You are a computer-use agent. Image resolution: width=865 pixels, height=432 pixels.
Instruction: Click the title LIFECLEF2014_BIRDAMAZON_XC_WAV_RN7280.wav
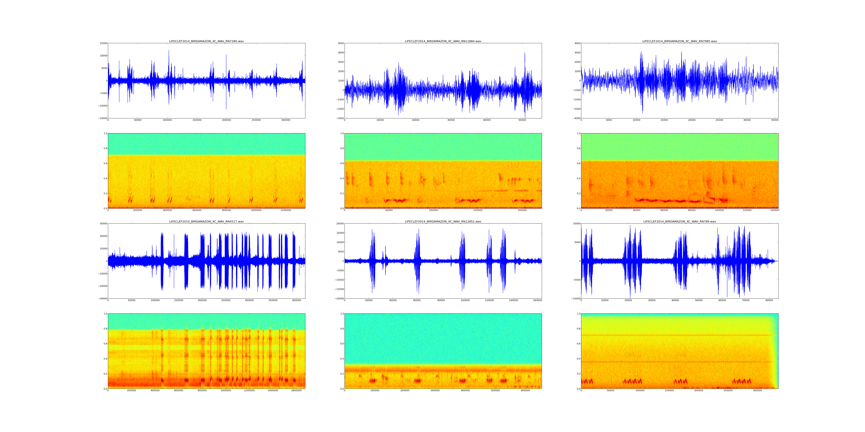[206, 41]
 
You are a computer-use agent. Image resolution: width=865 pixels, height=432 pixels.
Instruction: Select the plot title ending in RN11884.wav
[443, 41]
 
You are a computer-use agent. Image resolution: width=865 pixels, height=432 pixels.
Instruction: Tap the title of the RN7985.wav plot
[679, 41]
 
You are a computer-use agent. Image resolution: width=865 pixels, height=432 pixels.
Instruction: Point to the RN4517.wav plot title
[206, 221]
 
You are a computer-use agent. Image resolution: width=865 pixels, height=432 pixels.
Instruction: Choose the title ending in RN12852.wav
[443, 221]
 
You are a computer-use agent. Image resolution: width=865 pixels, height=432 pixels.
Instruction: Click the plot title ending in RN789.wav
[679, 221]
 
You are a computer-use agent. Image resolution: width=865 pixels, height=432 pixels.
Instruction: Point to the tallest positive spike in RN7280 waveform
[169, 51]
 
